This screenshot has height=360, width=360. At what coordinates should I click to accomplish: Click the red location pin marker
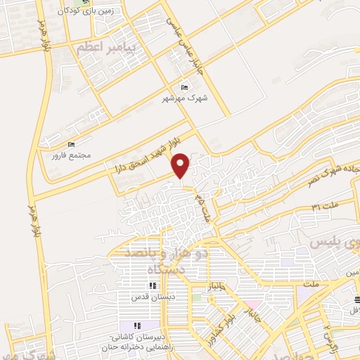[x=181, y=165]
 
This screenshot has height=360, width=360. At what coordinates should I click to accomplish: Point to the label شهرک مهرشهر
[x=184, y=98]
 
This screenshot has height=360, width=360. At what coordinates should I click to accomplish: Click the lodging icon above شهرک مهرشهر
[x=184, y=87]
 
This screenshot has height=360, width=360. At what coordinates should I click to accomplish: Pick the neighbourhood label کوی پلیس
[x=335, y=243]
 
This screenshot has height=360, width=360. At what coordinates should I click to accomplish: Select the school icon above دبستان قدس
[x=152, y=285]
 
